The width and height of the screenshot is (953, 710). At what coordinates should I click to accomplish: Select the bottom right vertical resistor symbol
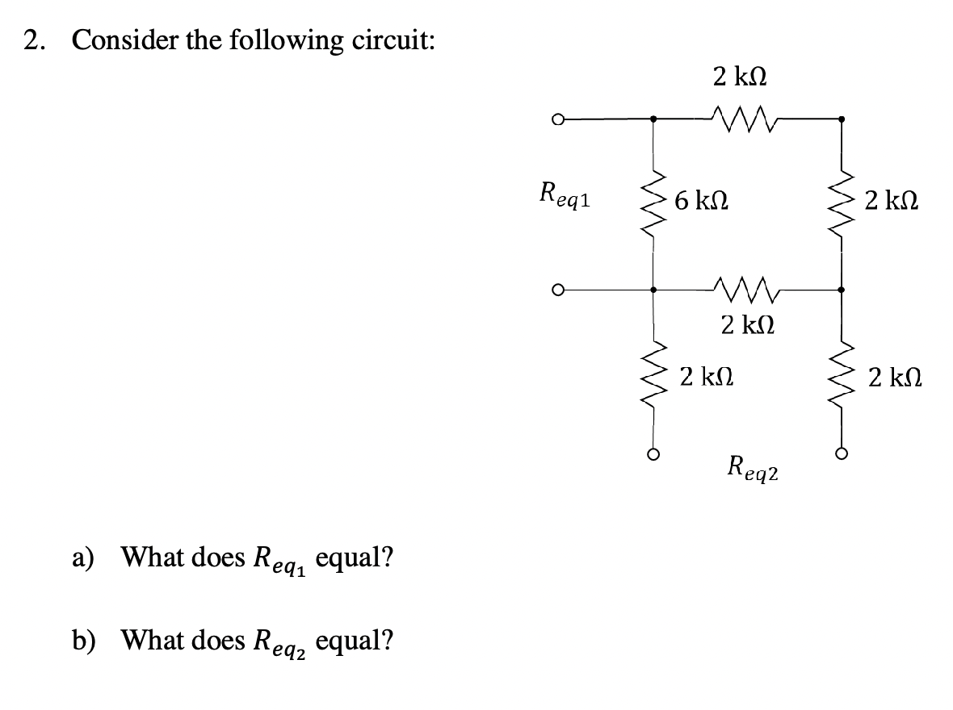point(842,376)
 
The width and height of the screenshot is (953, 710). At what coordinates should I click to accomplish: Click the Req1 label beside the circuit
point(564,196)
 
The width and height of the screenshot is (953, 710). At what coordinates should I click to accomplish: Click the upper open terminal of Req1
point(556,120)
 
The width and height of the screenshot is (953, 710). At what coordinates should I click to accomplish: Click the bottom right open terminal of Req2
point(842,454)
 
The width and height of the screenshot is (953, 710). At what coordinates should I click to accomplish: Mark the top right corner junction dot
point(842,119)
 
